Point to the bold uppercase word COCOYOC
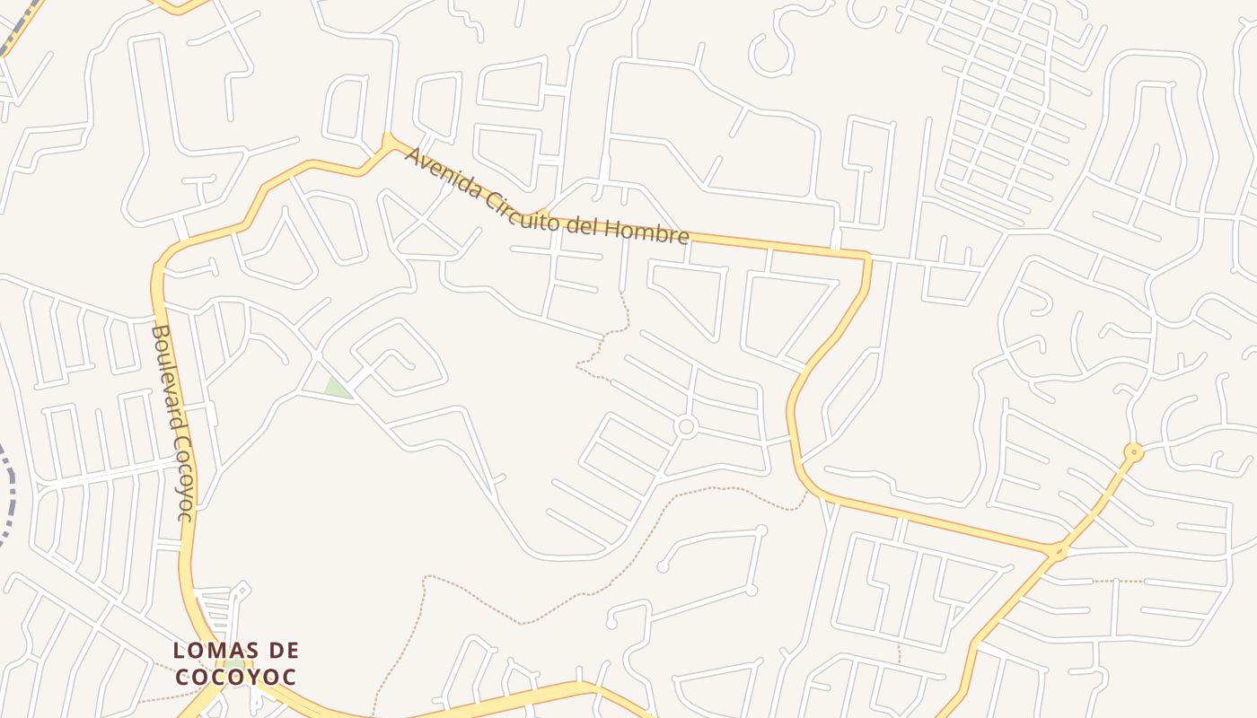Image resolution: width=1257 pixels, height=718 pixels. [x=235, y=677]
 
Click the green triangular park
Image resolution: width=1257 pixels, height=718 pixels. [x=335, y=388]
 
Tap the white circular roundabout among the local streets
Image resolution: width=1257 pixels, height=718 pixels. [x=686, y=426]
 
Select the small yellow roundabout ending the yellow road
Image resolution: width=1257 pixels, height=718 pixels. [x=1134, y=451]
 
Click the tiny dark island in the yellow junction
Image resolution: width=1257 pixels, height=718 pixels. [x=1059, y=550]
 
